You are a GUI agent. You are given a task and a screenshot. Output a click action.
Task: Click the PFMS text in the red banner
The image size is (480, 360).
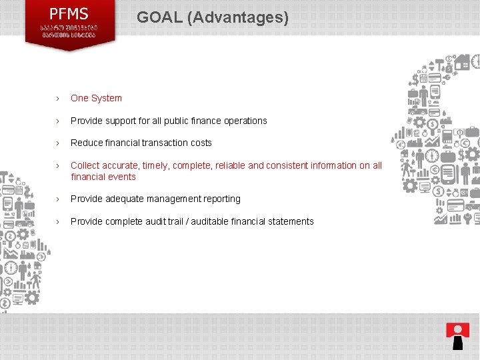[69, 13]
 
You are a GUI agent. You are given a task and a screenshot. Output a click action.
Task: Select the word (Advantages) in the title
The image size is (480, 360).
[238, 17]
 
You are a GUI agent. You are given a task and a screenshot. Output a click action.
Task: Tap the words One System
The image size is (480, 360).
[96, 98]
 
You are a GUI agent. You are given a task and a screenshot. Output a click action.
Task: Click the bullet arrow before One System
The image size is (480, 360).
[58, 99]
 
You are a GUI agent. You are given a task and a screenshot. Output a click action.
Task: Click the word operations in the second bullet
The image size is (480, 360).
[243, 121]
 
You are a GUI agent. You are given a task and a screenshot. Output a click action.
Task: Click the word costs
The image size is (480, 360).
[200, 143]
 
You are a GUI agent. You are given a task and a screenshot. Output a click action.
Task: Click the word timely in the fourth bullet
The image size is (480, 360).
[157, 165]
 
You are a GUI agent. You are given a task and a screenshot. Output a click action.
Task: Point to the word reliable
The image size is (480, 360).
[228, 165]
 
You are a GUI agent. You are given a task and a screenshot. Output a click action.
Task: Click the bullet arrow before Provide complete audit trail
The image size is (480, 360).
[58, 221]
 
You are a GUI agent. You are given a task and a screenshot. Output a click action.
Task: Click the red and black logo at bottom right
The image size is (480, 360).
[457, 335]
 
